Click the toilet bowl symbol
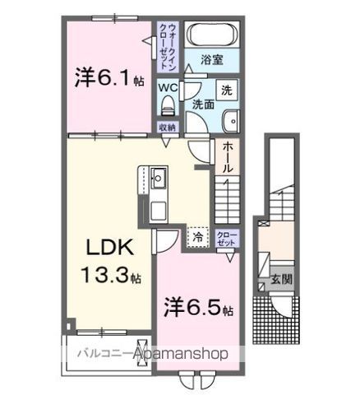click(x=168, y=105)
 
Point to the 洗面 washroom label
click(x=203, y=105)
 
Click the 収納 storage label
click(x=168, y=127)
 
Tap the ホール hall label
click(x=227, y=156)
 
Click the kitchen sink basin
click(x=158, y=176)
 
